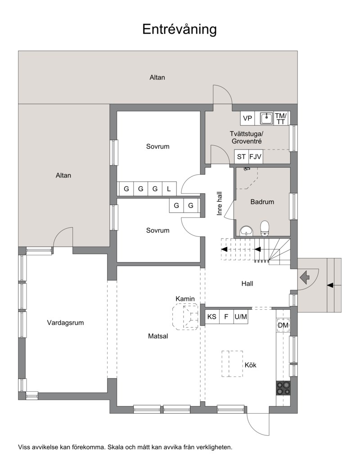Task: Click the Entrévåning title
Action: click(180, 29)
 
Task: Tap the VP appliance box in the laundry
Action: click(247, 118)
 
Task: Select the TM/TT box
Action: click(281, 118)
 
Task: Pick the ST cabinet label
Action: click(241, 157)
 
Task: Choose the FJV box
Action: click(255, 157)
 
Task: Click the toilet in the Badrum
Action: click(265, 228)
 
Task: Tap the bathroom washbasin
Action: click(247, 231)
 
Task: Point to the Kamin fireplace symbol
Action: click(185, 317)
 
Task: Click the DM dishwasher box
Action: click(283, 326)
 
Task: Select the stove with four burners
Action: click(283, 388)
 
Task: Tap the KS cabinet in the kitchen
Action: click(212, 317)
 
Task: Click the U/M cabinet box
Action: click(241, 317)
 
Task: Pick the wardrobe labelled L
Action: click(169, 189)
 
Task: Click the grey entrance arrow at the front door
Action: click(305, 276)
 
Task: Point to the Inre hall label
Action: click(220, 204)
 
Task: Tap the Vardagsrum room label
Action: click(65, 323)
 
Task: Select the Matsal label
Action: click(158, 336)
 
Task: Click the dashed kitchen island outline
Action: click(232, 363)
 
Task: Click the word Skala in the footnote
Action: click(115, 447)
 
